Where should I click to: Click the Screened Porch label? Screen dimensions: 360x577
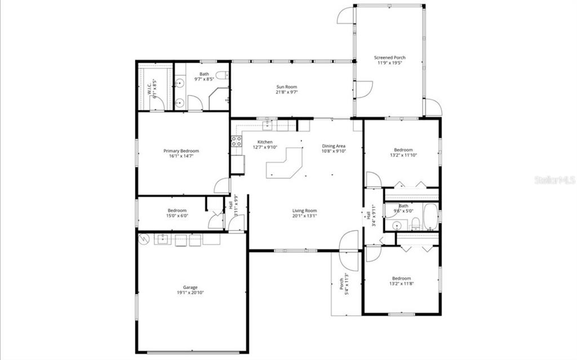point(390,57)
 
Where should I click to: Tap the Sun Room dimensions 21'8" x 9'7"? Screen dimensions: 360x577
point(286,92)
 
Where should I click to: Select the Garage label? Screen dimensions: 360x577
point(191,287)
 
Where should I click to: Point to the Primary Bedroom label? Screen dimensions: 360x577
point(181,151)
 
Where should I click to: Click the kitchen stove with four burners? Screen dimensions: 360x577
point(236,141)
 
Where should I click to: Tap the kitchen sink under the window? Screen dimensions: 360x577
point(267,125)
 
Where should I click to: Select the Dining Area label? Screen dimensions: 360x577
point(334,146)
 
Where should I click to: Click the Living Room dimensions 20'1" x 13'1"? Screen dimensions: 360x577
point(304,216)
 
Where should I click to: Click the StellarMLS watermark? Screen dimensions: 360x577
point(555,181)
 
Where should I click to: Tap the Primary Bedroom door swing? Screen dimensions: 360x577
point(222,186)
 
